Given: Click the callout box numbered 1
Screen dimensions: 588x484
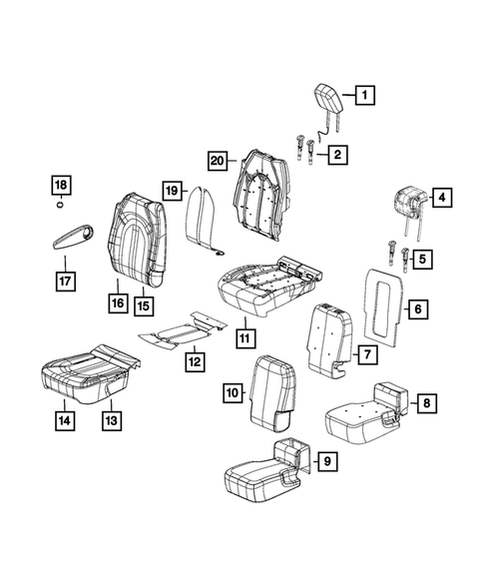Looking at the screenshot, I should (x=363, y=97).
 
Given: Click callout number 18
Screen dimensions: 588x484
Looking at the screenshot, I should (x=61, y=186).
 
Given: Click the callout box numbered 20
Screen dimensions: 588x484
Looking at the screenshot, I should (x=218, y=160).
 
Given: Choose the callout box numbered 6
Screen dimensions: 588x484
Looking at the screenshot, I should (x=417, y=309).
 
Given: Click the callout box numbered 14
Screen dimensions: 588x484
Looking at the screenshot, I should (x=63, y=421).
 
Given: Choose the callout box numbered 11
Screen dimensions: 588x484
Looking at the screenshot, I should (x=243, y=337).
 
